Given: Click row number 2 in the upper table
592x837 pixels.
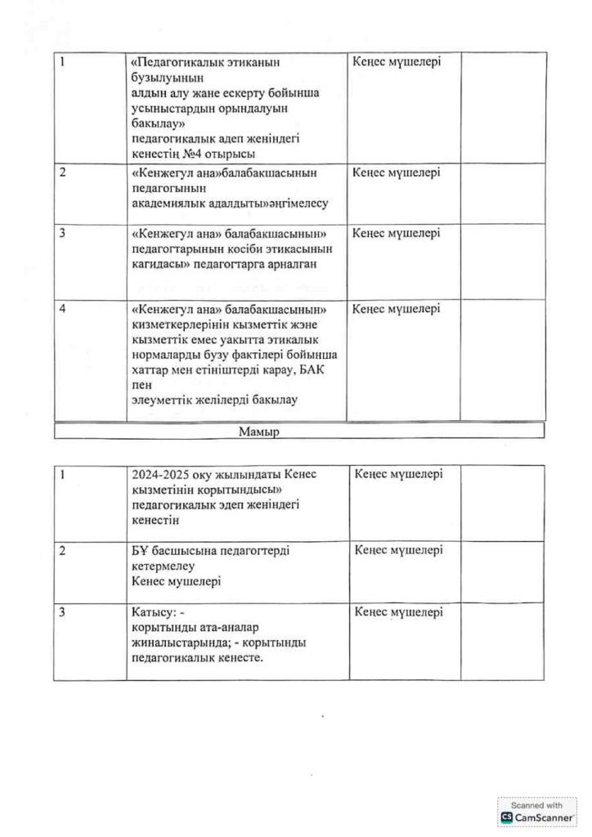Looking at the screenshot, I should click(65, 173).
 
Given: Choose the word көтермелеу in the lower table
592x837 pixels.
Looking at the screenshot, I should click(163, 566).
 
